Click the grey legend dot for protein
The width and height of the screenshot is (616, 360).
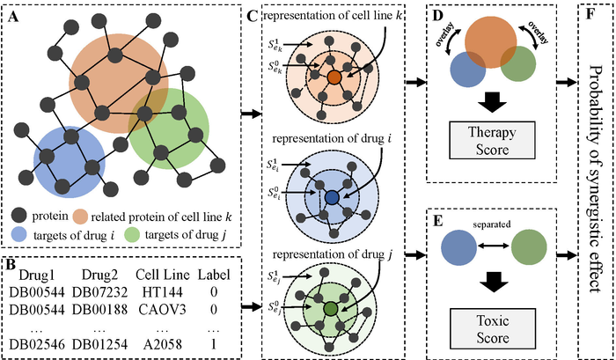coord(19,216)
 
